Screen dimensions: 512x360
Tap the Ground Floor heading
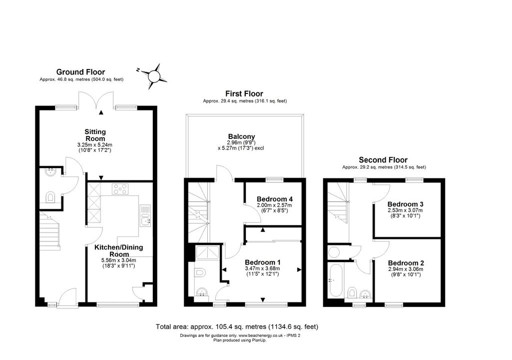click(x=80, y=72)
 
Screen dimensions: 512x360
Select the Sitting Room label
click(x=95, y=135)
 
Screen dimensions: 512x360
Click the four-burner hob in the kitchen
click(x=120, y=189)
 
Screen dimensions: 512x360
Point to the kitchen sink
click(x=146, y=215)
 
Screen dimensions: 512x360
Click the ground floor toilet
click(x=50, y=197)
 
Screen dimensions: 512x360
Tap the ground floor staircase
click(x=49, y=230)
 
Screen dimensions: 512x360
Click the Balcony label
click(x=242, y=136)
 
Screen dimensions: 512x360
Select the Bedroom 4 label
click(x=275, y=199)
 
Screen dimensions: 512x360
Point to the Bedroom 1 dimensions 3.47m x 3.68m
click(x=263, y=268)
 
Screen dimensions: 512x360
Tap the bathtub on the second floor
click(x=335, y=280)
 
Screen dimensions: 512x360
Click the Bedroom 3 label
click(x=406, y=204)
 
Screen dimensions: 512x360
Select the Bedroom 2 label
click(x=406, y=263)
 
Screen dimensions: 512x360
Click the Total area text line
click(x=237, y=326)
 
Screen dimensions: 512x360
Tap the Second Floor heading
click(x=383, y=160)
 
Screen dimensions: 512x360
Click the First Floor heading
click(x=244, y=94)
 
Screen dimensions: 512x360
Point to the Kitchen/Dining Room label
click(x=118, y=250)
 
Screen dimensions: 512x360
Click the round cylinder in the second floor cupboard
click(x=334, y=252)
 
